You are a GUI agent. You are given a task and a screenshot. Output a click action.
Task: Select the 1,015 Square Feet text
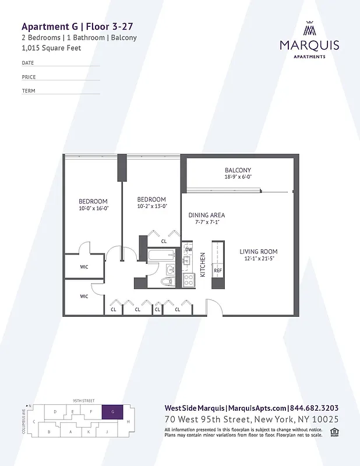point(51,48)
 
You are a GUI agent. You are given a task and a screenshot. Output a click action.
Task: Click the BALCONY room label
point(238,170)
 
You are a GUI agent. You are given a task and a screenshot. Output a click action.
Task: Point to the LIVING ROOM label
point(258,252)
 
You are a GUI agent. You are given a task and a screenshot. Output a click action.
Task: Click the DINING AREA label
point(206,215)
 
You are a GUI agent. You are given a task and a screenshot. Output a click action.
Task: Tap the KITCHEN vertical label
point(203,264)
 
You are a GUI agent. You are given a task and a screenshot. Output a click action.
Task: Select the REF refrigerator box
point(218,271)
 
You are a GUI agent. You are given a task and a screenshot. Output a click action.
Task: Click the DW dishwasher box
point(188,250)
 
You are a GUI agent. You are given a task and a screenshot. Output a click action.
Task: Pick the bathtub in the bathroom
point(161,255)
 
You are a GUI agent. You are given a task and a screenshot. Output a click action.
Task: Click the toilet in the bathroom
point(166,282)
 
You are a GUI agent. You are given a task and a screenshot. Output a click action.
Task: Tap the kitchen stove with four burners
point(188,281)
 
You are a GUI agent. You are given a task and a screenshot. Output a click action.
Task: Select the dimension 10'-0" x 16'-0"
point(94,208)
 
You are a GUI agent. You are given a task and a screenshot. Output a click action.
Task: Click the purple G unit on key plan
point(112,411)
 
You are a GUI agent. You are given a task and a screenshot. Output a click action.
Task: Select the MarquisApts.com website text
point(257,408)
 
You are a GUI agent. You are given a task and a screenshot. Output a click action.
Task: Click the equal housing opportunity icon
point(334,432)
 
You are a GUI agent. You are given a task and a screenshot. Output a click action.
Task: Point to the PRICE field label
point(29,77)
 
